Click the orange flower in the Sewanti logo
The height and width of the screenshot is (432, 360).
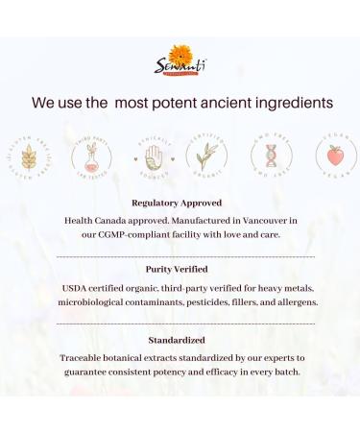click(x=180, y=55)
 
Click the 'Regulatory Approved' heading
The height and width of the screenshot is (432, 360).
click(x=177, y=204)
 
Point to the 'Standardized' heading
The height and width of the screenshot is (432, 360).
click(x=179, y=340)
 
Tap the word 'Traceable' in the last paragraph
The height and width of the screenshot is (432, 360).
click(x=82, y=357)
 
